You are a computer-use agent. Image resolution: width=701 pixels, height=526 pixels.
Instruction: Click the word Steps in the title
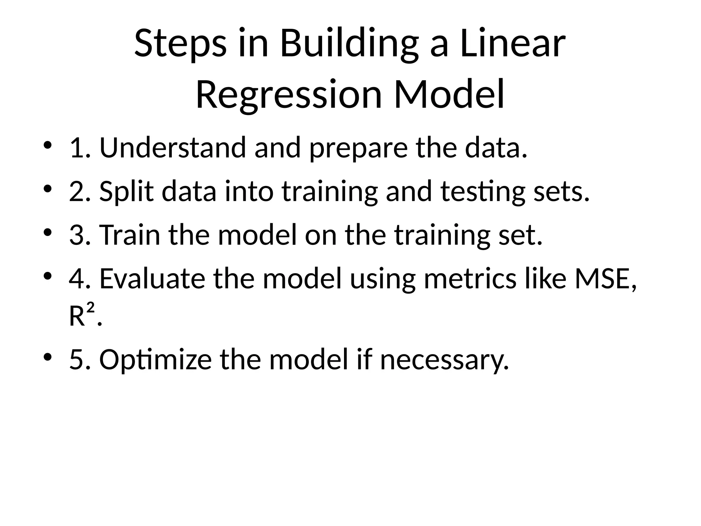click(x=180, y=44)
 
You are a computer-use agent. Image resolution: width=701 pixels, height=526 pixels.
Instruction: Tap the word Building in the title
click(x=349, y=44)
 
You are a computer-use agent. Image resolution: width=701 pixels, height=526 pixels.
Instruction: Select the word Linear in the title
click(x=513, y=44)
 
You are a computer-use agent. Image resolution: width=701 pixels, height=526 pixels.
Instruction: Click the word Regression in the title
click(x=289, y=95)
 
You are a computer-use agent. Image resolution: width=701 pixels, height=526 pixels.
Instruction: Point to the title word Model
click(x=449, y=95)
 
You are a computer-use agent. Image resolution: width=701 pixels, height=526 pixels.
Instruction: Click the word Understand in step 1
click(x=173, y=148)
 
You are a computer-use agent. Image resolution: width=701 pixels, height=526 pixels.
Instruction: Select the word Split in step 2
click(x=126, y=192)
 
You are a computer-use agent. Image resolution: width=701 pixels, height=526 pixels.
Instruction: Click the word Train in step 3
click(x=130, y=235)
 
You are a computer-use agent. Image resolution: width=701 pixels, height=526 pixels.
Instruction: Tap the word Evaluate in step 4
click(x=152, y=279)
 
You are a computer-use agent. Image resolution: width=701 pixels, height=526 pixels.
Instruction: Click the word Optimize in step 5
click(x=155, y=360)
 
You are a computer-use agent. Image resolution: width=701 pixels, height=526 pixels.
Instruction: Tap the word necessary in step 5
click(x=444, y=360)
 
